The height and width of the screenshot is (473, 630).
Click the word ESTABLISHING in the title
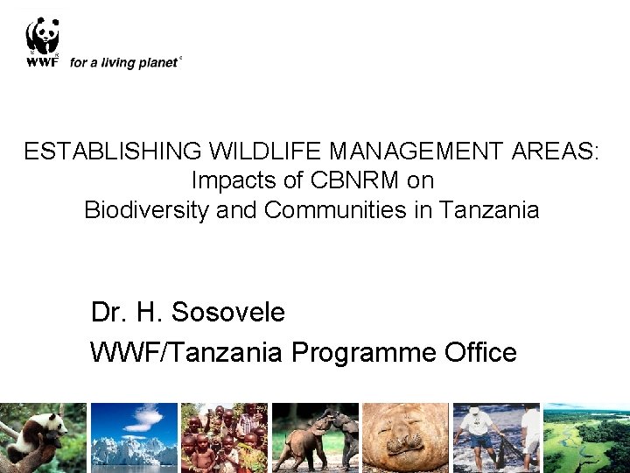[113, 152]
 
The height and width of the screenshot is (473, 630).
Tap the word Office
[482, 352]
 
